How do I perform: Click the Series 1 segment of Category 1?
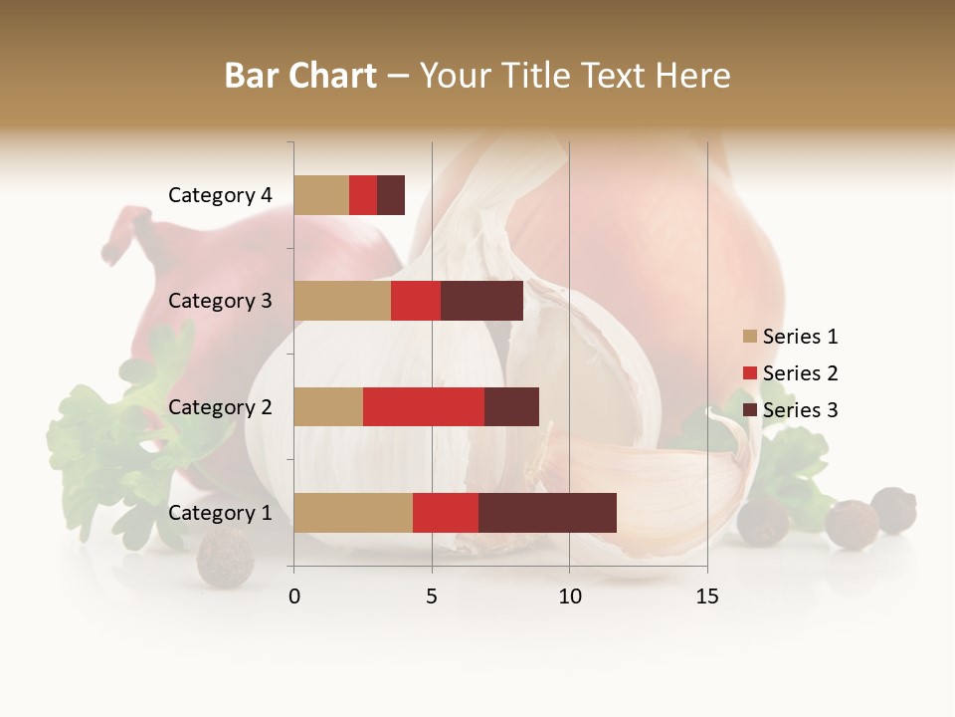[353, 513]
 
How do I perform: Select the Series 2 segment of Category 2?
[424, 407]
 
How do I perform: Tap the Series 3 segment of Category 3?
[481, 301]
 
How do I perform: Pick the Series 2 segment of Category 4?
[363, 195]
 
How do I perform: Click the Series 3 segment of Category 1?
[547, 513]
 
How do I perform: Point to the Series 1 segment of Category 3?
[342, 301]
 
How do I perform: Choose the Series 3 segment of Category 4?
[391, 195]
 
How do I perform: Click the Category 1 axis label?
[220, 513]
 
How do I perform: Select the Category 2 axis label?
[220, 407]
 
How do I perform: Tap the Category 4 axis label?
[220, 195]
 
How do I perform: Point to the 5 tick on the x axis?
[432, 597]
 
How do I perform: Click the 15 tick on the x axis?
[707, 597]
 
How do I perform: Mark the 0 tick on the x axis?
[294, 597]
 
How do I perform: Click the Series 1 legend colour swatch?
[749, 337]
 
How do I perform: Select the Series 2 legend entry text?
[800, 373]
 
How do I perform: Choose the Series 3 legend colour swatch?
[749, 410]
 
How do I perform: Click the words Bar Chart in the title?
[300, 76]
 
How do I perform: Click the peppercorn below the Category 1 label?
[225, 558]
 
